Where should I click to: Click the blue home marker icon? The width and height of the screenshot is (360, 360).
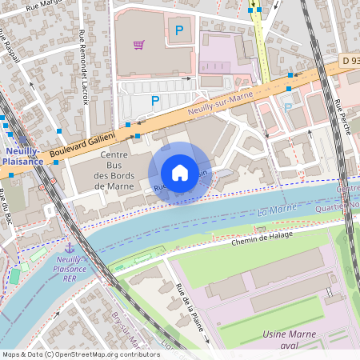click(x=180, y=173)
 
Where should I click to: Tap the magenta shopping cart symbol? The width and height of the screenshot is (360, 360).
click(x=138, y=45)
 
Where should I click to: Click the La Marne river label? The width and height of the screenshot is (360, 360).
click(x=273, y=212)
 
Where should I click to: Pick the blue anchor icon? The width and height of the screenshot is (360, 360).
click(x=69, y=249)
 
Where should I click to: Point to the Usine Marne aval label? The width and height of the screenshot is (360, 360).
click(x=289, y=339)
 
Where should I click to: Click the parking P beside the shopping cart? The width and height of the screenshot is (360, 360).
click(x=179, y=30)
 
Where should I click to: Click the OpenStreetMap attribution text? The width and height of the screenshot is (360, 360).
click(x=80, y=354)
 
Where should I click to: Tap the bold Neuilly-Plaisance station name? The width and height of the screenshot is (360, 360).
click(x=22, y=155)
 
